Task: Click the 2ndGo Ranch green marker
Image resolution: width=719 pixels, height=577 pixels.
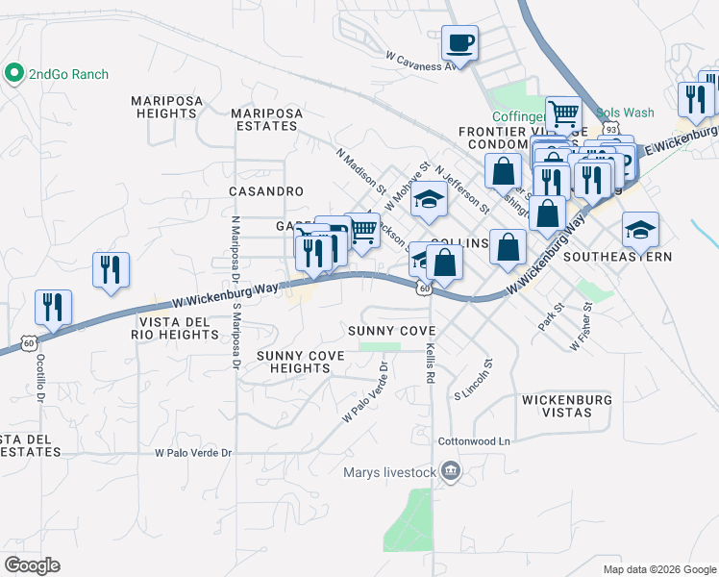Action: point(14,73)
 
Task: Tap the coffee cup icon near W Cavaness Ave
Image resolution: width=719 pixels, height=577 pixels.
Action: point(459,42)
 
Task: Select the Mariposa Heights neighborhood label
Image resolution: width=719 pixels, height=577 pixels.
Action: point(164,107)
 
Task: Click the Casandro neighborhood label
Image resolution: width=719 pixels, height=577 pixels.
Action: point(266,191)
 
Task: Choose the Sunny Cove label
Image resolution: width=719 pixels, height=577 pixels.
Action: point(384,331)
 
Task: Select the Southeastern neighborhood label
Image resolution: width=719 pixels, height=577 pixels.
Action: point(617,257)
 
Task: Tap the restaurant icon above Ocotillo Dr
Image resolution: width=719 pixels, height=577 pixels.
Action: point(52,307)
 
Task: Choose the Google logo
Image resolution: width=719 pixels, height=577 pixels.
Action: point(32,565)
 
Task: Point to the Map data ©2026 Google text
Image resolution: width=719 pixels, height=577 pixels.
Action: point(658,569)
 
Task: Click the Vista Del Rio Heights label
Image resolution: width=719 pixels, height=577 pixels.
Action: point(179,328)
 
